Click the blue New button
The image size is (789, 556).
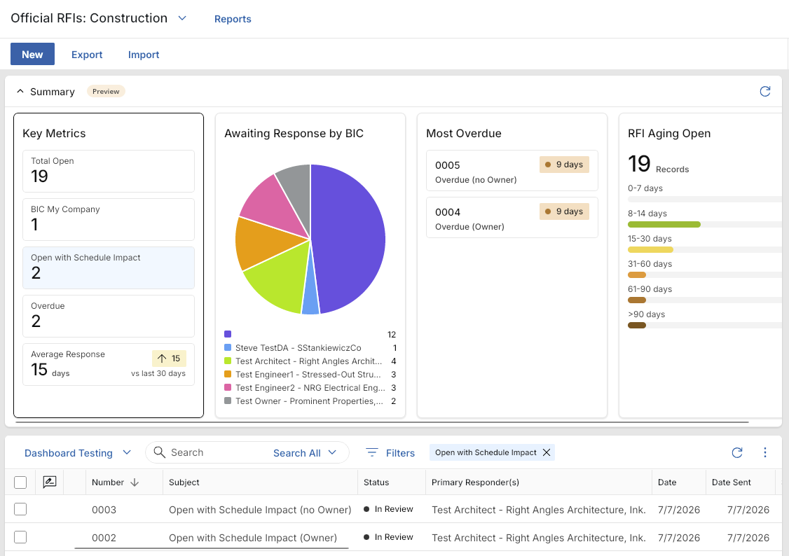point(32,55)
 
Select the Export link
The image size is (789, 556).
point(87,55)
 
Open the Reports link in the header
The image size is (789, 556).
point(233,19)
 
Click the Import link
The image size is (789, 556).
point(144,55)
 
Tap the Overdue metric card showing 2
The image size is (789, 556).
point(108,316)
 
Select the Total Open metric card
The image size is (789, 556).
point(108,171)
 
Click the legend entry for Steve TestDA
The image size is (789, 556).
point(298,348)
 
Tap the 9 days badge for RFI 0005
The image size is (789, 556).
point(564,165)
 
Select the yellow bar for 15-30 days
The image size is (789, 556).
point(650,249)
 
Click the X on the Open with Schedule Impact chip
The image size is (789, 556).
point(547,452)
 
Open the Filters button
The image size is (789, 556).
point(390,453)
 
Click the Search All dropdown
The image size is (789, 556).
point(304,453)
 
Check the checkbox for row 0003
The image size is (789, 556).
point(20,509)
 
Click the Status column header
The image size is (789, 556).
point(376,482)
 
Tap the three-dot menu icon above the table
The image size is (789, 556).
point(765,452)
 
